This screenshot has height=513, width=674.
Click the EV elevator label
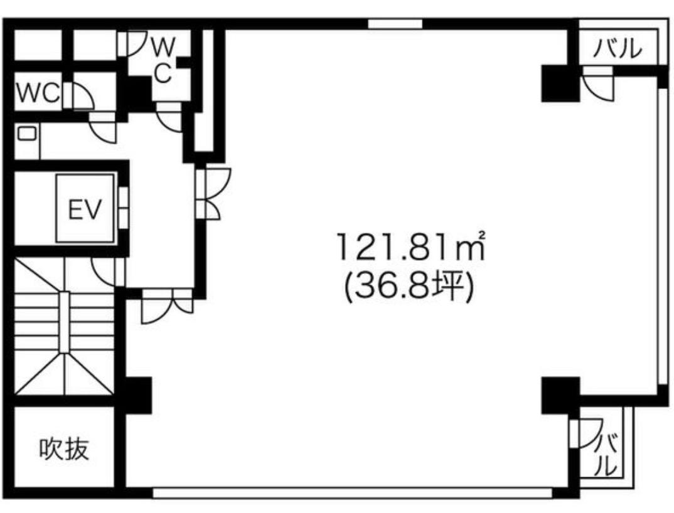(x=85, y=209)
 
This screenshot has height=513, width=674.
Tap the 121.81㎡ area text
(x=411, y=246)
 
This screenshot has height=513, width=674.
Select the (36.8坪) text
(x=409, y=287)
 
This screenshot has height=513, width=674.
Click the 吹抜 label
(x=64, y=449)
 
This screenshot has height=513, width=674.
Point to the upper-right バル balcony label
(x=618, y=48)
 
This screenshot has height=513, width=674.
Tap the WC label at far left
(x=38, y=93)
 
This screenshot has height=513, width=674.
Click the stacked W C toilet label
(x=163, y=60)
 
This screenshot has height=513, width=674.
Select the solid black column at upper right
(x=560, y=83)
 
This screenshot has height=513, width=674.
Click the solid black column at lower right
(x=560, y=395)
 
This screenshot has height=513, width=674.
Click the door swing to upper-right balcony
(x=598, y=84)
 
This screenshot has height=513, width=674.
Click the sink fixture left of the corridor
(x=26, y=134)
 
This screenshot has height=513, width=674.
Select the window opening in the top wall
(x=395, y=24)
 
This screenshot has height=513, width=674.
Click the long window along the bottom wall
(x=353, y=492)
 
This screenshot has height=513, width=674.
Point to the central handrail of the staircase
(x=64, y=322)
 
